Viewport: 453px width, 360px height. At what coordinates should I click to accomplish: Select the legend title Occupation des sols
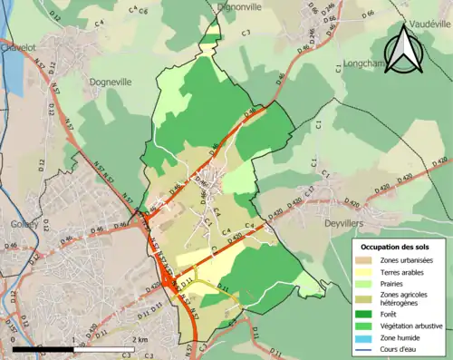(x=396, y=247)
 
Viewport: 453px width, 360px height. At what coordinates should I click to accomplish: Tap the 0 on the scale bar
(x=14, y=340)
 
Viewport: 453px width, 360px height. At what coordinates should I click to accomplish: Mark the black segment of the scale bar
(x=43, y=348)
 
